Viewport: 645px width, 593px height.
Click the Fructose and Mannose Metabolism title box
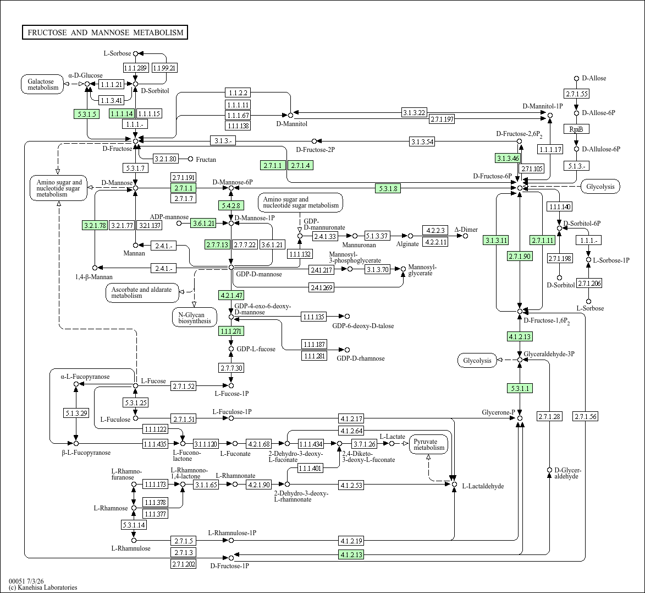(105, 32)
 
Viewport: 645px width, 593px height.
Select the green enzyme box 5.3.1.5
(87, 114)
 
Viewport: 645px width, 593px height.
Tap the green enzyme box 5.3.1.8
(388, 189)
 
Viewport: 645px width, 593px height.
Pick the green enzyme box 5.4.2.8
(231, 205)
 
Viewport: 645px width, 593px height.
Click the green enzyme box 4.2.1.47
(231, 295)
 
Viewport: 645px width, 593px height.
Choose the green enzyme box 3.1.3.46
(508, 158)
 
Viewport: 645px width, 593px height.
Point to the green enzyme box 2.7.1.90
(520, 256)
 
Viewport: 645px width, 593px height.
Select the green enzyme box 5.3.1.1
(520, 388)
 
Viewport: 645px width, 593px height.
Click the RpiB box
(576, 129)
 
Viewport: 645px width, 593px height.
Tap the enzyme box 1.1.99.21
(164, 68)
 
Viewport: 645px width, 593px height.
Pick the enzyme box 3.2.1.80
(166, 159)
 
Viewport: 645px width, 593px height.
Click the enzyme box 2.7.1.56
(586, 416)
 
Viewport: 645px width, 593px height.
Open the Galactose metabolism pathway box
(42, 84)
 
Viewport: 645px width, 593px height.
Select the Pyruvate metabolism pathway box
(429, 445)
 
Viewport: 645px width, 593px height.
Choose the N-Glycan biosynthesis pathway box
(195, 318)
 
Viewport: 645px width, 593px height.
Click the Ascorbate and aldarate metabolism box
(142, 293)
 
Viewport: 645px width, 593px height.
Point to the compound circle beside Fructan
(190, 159)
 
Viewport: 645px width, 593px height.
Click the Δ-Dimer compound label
(466, 230)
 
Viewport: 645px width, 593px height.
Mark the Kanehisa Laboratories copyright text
(43, 587)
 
